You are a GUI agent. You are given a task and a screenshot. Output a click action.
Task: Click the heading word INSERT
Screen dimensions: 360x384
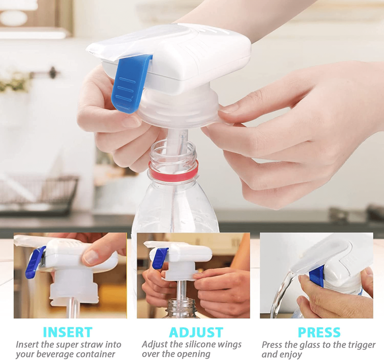point(68,332)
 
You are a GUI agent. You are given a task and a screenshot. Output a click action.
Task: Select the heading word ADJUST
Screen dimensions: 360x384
point(196,332)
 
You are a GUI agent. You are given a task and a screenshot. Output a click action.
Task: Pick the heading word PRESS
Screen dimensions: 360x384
point(319,332)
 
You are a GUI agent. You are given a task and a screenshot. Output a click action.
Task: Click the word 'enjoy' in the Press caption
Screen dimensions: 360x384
point(291,354)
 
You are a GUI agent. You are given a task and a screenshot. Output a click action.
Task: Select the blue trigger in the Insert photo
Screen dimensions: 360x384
point(35,262)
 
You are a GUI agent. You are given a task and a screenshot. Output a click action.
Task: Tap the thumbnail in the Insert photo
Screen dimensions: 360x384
point(92,256)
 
